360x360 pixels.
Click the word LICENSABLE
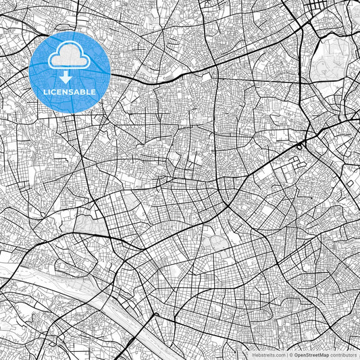pyautogui.click(x=70, y=90)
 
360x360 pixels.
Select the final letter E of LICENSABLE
pyautogui.click(x=93, y=90)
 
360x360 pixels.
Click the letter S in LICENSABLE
pyautogui.click(x=71, y=90)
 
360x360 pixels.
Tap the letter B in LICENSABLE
pyautogui.click(x=83, y=90)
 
